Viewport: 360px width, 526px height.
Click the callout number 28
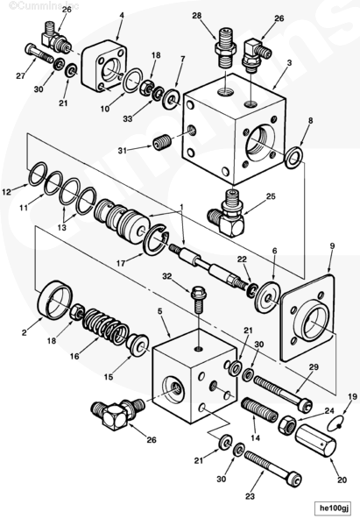coord(197,16)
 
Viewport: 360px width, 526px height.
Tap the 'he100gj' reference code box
coord(333,508)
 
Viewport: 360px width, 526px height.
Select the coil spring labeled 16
coord(105,327)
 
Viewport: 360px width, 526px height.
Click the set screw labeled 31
coord(162,143)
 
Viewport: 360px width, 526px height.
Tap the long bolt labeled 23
coord(272,469)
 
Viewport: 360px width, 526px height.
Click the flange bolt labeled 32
coord(199,299)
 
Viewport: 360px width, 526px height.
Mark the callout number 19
coord(352,397)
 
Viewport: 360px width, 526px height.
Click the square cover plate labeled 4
coord(103,67)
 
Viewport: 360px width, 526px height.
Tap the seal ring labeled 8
coord(294,157)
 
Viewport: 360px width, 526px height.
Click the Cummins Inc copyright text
coord(43,5)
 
